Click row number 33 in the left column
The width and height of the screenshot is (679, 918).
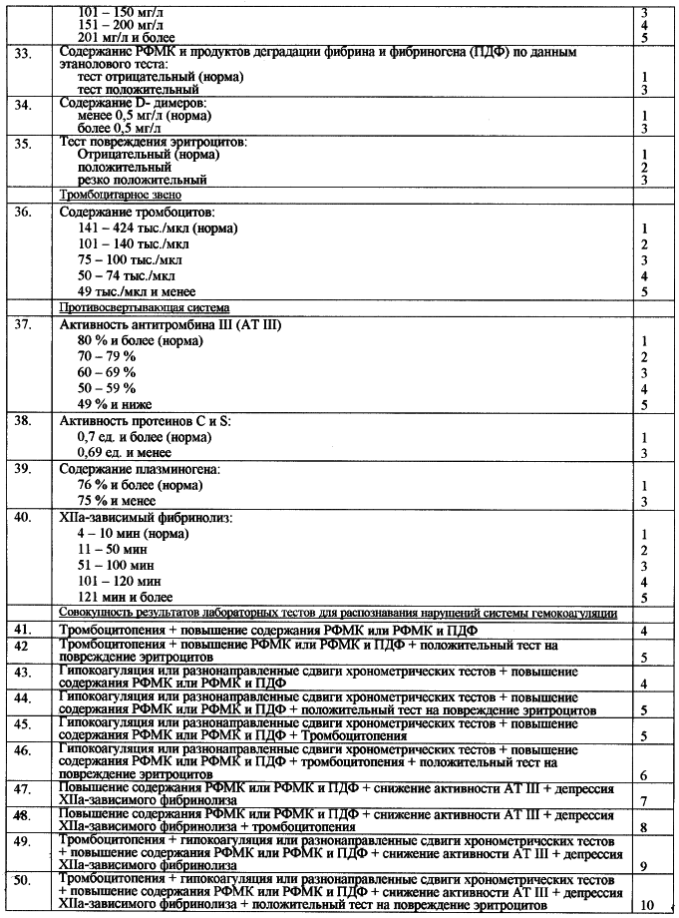tap(23, 52)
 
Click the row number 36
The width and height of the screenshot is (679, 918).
tap(23, 214)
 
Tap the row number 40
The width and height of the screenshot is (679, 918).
tap(23, 519)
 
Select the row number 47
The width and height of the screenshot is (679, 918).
tap(23, 789)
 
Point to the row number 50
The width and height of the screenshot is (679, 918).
tap(23, 880)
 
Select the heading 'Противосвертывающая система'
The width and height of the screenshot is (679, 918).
tap(144, 307)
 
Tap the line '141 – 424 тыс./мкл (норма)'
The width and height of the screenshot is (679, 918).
tap(158, 229)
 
